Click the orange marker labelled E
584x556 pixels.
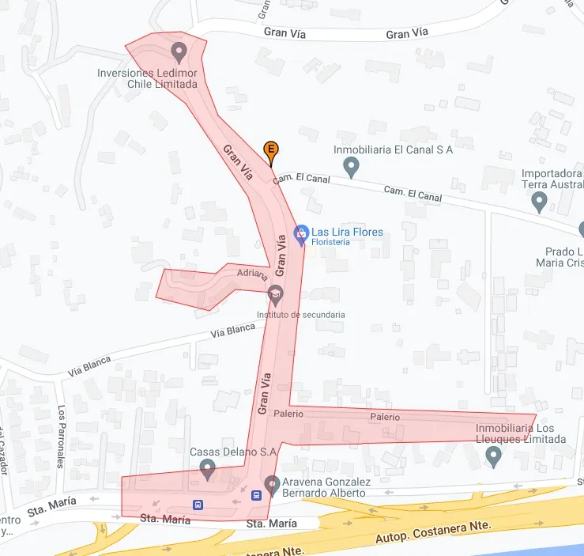coord(270,149)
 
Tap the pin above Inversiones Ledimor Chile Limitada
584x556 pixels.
coord(179,53)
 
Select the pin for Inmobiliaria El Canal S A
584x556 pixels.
coord(352,167)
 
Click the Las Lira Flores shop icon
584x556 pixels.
coord(300,233)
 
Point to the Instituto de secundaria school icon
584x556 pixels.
coord(275,294)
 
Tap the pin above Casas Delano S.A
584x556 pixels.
coord(208,469)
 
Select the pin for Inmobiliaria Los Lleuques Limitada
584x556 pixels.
coord(494,456)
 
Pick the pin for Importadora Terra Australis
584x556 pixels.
coord(540,202)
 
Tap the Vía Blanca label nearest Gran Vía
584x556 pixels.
coord(233,330)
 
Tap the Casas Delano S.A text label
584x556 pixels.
coord(233,452)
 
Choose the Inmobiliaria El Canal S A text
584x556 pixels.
coord(393,150)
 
